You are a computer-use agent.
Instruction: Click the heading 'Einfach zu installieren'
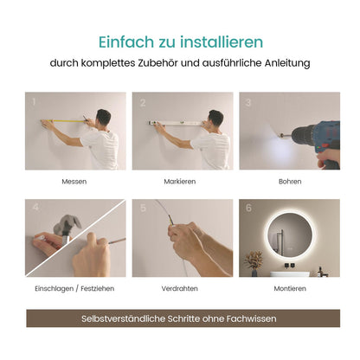coord(180,42)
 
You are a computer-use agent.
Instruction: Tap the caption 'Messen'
coord(74,182)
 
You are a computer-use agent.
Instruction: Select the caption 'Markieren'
coord(180,182)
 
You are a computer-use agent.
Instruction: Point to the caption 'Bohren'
coord(290,182)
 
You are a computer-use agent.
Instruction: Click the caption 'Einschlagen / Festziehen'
coord(74,288)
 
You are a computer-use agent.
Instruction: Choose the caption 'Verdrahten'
coord(180,288)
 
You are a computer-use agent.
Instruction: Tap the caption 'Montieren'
coord(290,288)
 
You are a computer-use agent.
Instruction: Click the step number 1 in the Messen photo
coord(34,101)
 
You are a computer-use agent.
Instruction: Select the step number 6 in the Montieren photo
coord(247,208)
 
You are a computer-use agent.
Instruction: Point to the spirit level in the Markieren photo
coord(173,124)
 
